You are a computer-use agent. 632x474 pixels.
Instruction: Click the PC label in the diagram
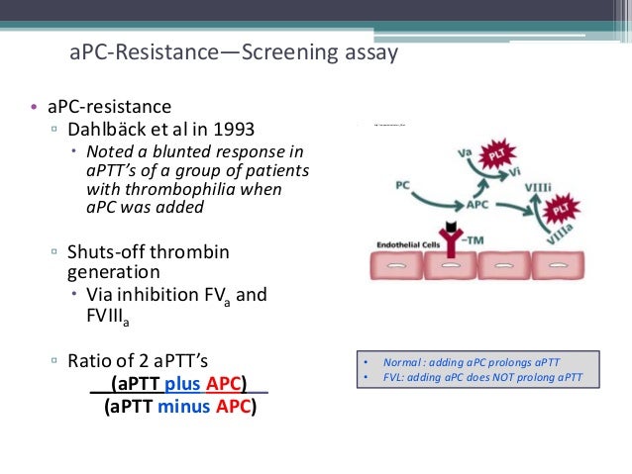pos(404,184)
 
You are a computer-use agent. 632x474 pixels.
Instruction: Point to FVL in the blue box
pos(393,377)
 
